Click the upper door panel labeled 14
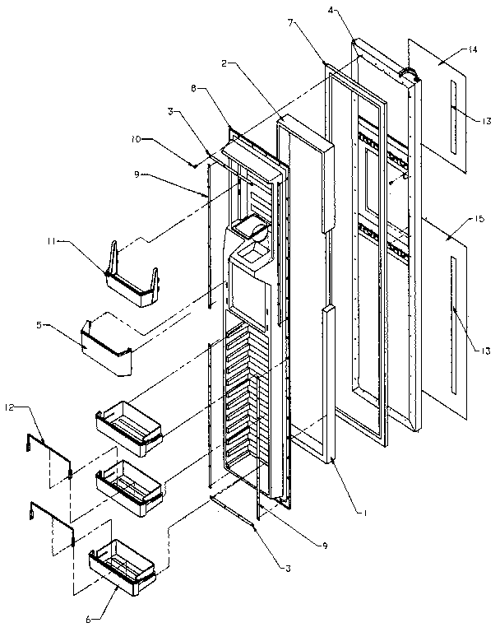(444, 107)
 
